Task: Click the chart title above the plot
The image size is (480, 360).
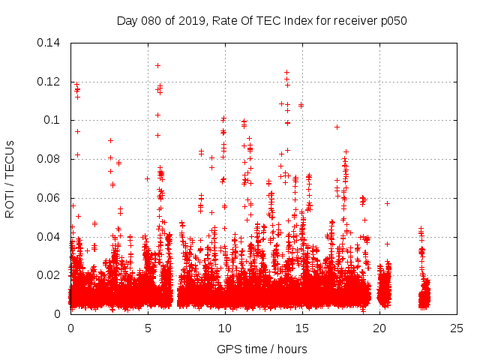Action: click(262, 21)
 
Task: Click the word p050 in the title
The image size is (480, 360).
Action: click(392, 21)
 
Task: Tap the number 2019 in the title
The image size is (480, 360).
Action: click(193, 21)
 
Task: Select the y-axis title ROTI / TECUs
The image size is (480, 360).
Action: click(10, 178)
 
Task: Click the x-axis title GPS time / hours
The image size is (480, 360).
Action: click(262, 349)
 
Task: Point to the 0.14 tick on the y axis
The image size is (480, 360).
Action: click(50, 43)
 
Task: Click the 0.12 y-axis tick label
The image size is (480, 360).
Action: click(50, 82)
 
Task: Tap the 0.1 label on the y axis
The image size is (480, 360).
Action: click(54, 120)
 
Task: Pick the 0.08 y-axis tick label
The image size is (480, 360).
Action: click(50, 159)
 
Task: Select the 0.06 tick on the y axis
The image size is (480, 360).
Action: click(50, 198)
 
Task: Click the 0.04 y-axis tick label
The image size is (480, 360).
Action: click(50, 237)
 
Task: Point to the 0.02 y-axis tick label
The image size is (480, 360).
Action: click(50, 275)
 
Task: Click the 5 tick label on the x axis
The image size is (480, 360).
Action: click(148, 328)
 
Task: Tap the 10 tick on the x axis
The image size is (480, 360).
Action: click(225, 328)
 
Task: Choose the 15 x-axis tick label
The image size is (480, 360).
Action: click(302, 328)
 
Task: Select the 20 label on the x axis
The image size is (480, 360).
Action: click(379, 328)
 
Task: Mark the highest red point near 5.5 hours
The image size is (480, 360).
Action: click(158, 65)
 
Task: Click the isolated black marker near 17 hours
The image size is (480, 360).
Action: click(337, 127)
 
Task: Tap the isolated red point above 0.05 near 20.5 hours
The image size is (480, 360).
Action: click(388, 203)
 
